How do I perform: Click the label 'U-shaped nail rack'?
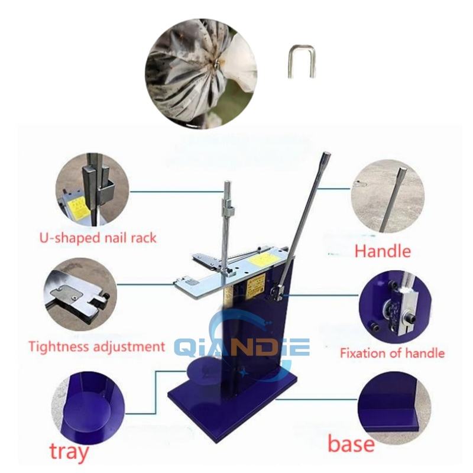98,238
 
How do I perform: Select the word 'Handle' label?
383,251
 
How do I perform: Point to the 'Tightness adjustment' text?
97,346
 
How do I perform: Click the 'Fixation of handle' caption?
392,353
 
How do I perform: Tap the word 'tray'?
69,451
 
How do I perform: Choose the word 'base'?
351,444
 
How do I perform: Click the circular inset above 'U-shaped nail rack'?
92,189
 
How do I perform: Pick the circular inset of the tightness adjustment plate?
80,294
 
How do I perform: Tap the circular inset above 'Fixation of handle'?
395,307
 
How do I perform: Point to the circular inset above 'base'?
394,408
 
